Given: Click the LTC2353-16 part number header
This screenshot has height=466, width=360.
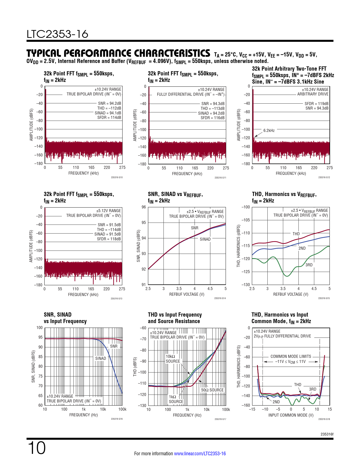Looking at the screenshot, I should pyautogui.click(x=57, y=34).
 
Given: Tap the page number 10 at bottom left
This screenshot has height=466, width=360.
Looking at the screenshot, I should pyautogui.click(x=36, y=448).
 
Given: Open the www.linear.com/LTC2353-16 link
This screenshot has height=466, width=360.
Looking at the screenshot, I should pyautogui.click(x=200, y=454).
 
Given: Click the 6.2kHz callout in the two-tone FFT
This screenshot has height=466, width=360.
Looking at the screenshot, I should pyautogui.click(x=269, y=130).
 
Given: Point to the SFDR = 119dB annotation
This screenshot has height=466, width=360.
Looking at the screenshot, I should pyautogui.click(x=316, y=104).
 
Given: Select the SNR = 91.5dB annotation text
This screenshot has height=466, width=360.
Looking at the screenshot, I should pyautogui.click(x=109, y=225).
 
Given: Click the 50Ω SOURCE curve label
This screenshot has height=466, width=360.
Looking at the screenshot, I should pyautogui.click(x=212, y=390).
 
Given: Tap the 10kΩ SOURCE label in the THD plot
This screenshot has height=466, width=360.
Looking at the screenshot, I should pyautogui.click(x=173, y=359).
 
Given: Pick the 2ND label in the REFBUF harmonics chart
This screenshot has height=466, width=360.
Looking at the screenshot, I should pyautogui.click(x=302, y=248).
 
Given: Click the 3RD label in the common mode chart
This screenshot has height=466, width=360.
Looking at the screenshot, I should pyautogui.click(x=313, y=389).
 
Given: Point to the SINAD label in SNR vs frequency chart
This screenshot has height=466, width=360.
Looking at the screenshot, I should pyautogui.click(x=101, y=358).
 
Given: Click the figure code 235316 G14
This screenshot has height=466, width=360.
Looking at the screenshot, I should pyautogui.click(x=220, y=298).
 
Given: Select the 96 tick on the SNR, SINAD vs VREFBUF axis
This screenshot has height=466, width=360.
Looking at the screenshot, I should pyautogui.click(x=144, y=207).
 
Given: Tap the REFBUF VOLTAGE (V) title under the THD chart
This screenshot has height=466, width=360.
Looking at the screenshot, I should pyautogui.click(x=291, y=294).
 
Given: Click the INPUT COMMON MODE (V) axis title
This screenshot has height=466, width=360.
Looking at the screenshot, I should pyautogui.click(x=291, y=415).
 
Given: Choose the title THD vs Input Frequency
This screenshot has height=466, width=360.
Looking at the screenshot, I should pyautogui.click(x=175, y=315).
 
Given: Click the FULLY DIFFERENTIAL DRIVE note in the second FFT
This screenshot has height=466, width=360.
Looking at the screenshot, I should pyautogui.click(x=191, y=94).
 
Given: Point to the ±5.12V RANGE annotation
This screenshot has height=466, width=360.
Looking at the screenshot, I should pyautogui.click(x=108, y=211).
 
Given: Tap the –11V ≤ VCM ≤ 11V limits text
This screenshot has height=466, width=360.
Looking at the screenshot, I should pyautogui.click(x=290, y=362).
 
